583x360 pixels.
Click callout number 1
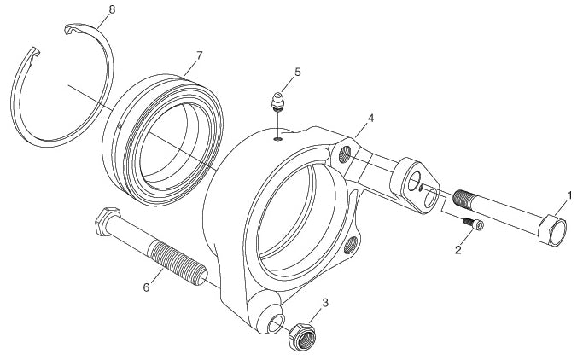point(569,195)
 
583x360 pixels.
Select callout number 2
point(458,250)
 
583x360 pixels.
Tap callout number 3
point(325,302)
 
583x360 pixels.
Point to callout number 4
point(370,118)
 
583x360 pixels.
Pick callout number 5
point(297,72)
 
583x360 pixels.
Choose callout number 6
point(146,287)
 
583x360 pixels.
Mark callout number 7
point(199,55)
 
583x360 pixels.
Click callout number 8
point(112,9)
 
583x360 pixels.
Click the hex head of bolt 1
point(552,230)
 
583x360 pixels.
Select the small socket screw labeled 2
point(474,224)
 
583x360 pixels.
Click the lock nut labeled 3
point(302,337)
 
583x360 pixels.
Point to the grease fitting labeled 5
point(277,102)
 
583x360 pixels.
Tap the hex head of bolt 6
point(108,221)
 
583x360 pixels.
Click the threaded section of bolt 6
point(178,263)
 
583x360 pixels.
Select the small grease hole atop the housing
point(278,139)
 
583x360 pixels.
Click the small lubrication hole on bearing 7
point(120,125)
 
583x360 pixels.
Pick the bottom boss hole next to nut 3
point(276,323)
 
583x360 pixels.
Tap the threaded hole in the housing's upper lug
point(345,154)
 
